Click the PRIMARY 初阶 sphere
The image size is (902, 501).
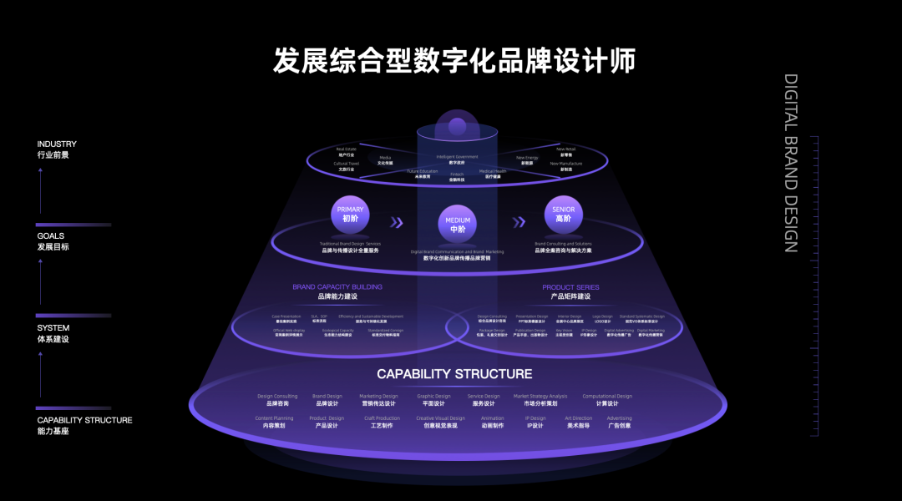[351, 215]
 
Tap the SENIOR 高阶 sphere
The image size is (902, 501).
[564, 215]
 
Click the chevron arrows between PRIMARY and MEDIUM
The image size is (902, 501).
[398, 222]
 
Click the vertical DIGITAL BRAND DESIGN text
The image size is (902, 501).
[791, 163]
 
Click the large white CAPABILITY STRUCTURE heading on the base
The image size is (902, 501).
[454, 374]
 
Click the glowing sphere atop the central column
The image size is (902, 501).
[457, 128]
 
